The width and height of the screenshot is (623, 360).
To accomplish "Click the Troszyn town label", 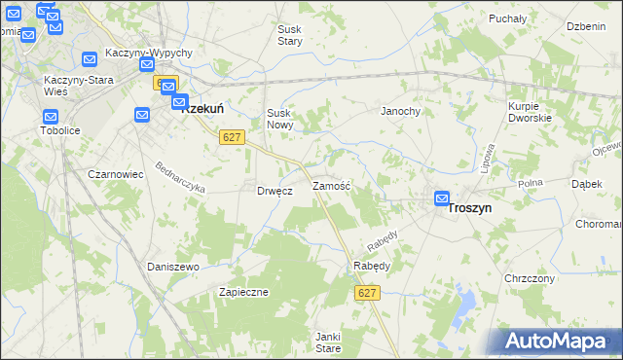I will (469, 208).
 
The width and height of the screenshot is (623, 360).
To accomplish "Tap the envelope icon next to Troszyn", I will (442, 199).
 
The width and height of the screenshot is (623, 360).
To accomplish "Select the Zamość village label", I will (330, 184).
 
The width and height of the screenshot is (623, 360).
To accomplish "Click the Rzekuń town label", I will (205, 110).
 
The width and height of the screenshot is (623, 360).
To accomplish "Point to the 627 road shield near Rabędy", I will (366, 293).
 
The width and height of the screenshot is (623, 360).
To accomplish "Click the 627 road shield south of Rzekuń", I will (231, 138).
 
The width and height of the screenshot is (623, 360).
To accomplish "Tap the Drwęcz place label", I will (275, 191).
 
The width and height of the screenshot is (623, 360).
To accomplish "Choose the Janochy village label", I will (400, 111).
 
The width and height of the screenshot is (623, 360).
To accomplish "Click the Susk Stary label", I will (290, 36).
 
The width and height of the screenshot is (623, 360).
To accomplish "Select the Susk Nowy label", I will (279, 119).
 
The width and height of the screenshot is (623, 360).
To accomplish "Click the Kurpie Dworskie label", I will (530, 111).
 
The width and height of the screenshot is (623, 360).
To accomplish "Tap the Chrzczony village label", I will (530, 278).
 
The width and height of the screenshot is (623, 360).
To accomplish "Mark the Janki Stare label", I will (327, 342).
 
